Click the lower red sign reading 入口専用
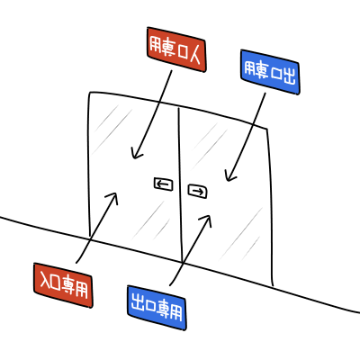pos(63,285)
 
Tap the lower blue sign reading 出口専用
pos(157,308)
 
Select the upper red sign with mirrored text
pos(176,49)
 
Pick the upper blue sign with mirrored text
pos(270,72)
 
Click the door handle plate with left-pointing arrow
pos(164,184)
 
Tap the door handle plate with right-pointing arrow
pos(198,191)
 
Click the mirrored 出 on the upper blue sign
pos(289,76)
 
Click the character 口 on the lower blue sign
pos(150,305)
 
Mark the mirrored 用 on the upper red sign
pos(156,45)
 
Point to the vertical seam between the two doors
pos(181,184)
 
